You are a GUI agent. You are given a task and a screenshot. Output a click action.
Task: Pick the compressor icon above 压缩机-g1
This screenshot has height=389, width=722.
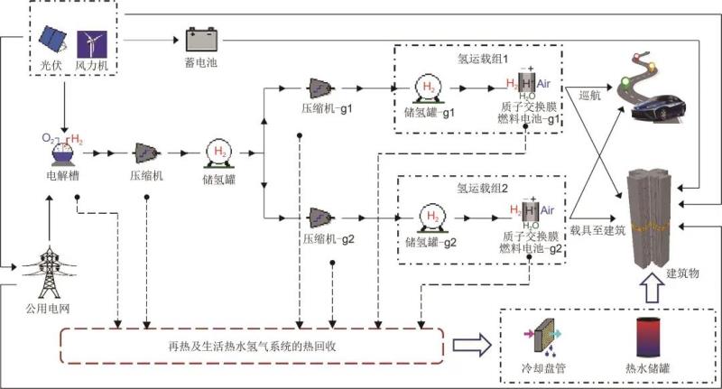click(320, 88)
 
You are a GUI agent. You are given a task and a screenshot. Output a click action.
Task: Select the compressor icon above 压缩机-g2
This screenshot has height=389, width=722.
click(320, 218)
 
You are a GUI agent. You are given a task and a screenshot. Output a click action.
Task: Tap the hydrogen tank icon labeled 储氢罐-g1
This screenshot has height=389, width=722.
click(427, 88)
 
